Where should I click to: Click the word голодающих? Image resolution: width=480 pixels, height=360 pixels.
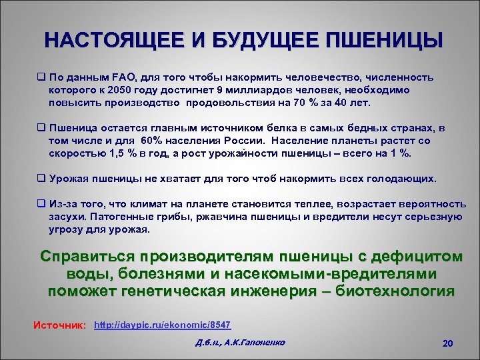tap(403, 179)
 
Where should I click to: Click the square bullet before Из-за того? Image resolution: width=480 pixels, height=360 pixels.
tap(42, 204)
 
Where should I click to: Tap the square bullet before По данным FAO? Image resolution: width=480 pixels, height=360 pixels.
tap(42, 77)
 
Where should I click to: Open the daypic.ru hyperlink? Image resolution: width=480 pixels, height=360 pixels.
tap(163, 325)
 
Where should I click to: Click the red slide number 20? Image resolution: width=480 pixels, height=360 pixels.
tap(447, 343)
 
